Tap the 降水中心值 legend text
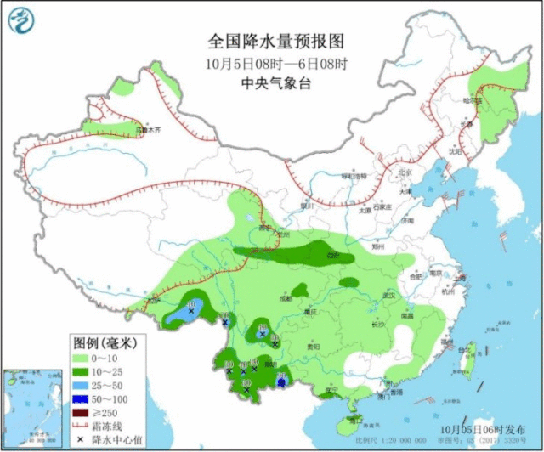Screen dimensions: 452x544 coord(116,439)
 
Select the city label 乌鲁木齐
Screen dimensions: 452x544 coord(148,131)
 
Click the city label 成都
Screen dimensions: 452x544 coord(292,299)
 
